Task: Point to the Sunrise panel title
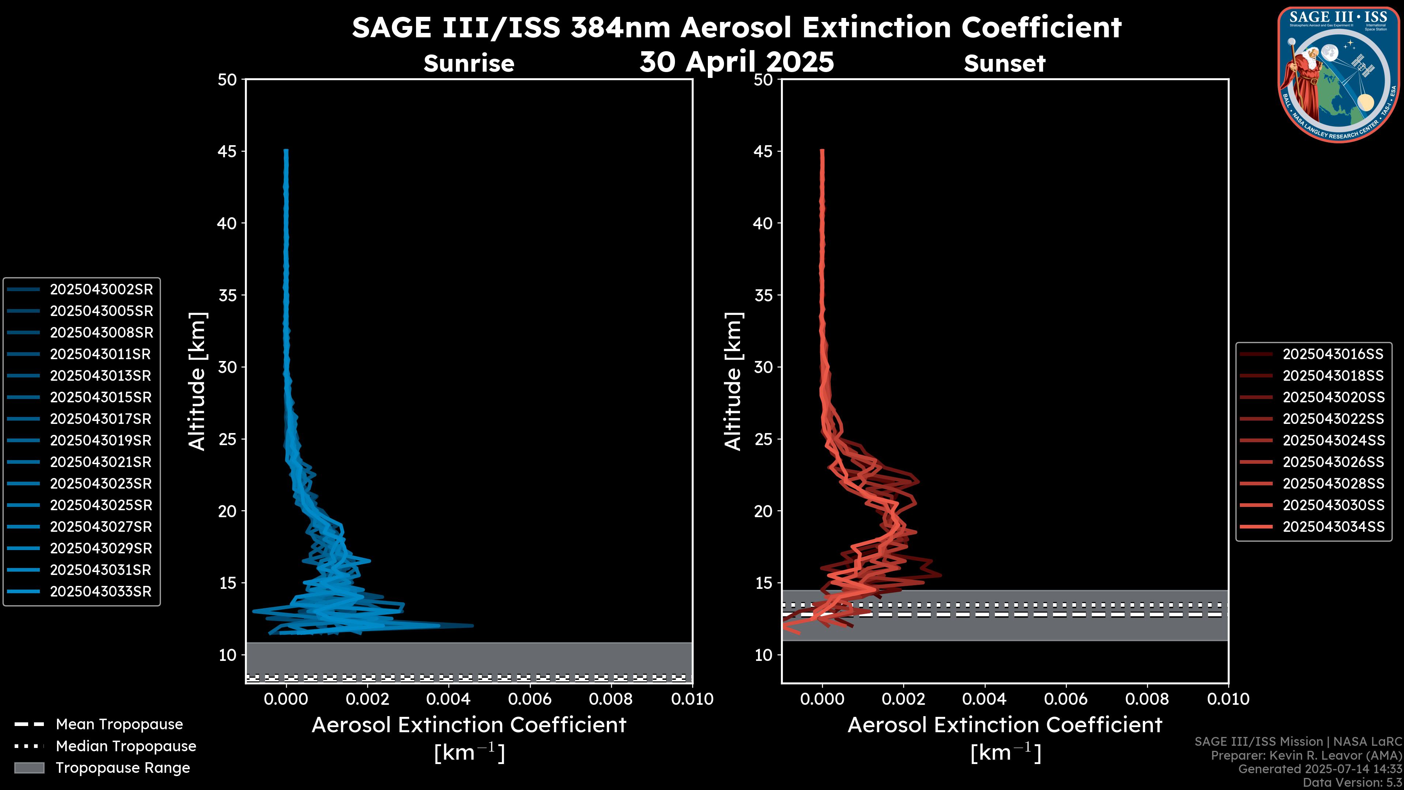469,64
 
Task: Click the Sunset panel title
1004,64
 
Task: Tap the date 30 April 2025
736,61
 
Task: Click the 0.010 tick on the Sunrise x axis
692,699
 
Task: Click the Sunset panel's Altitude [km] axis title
733,381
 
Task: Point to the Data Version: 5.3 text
1352,782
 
